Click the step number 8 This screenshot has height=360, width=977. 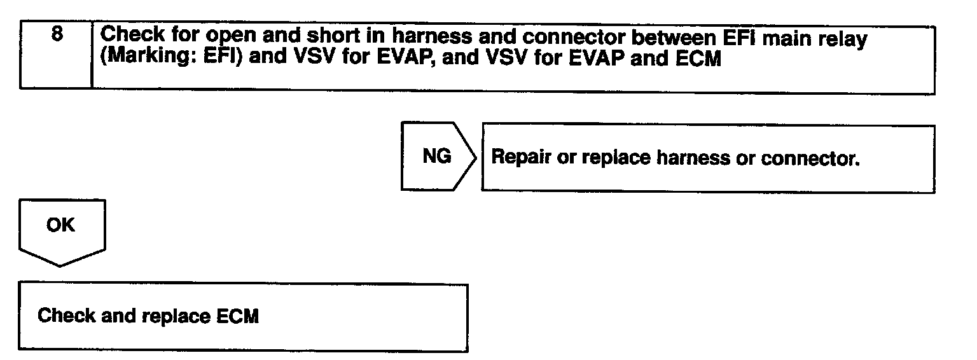click(x=57, y=36)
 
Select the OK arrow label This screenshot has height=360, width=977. click(x=60, y=226)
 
